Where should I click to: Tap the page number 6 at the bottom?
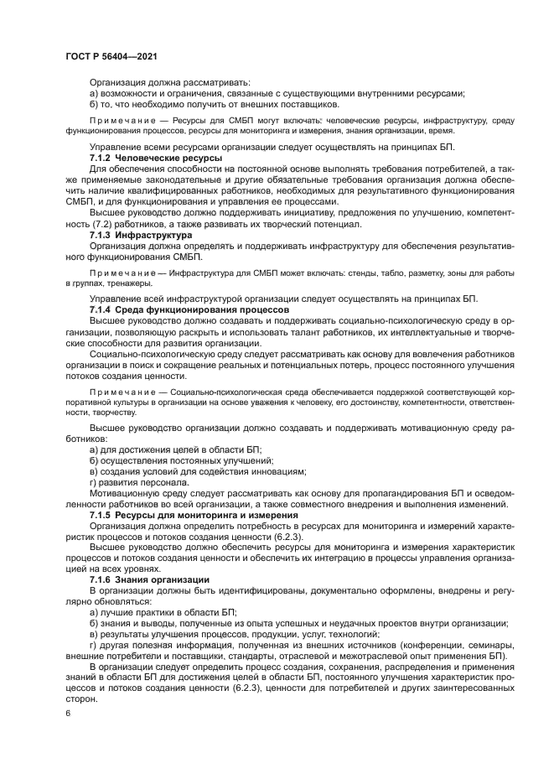[68, 713]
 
